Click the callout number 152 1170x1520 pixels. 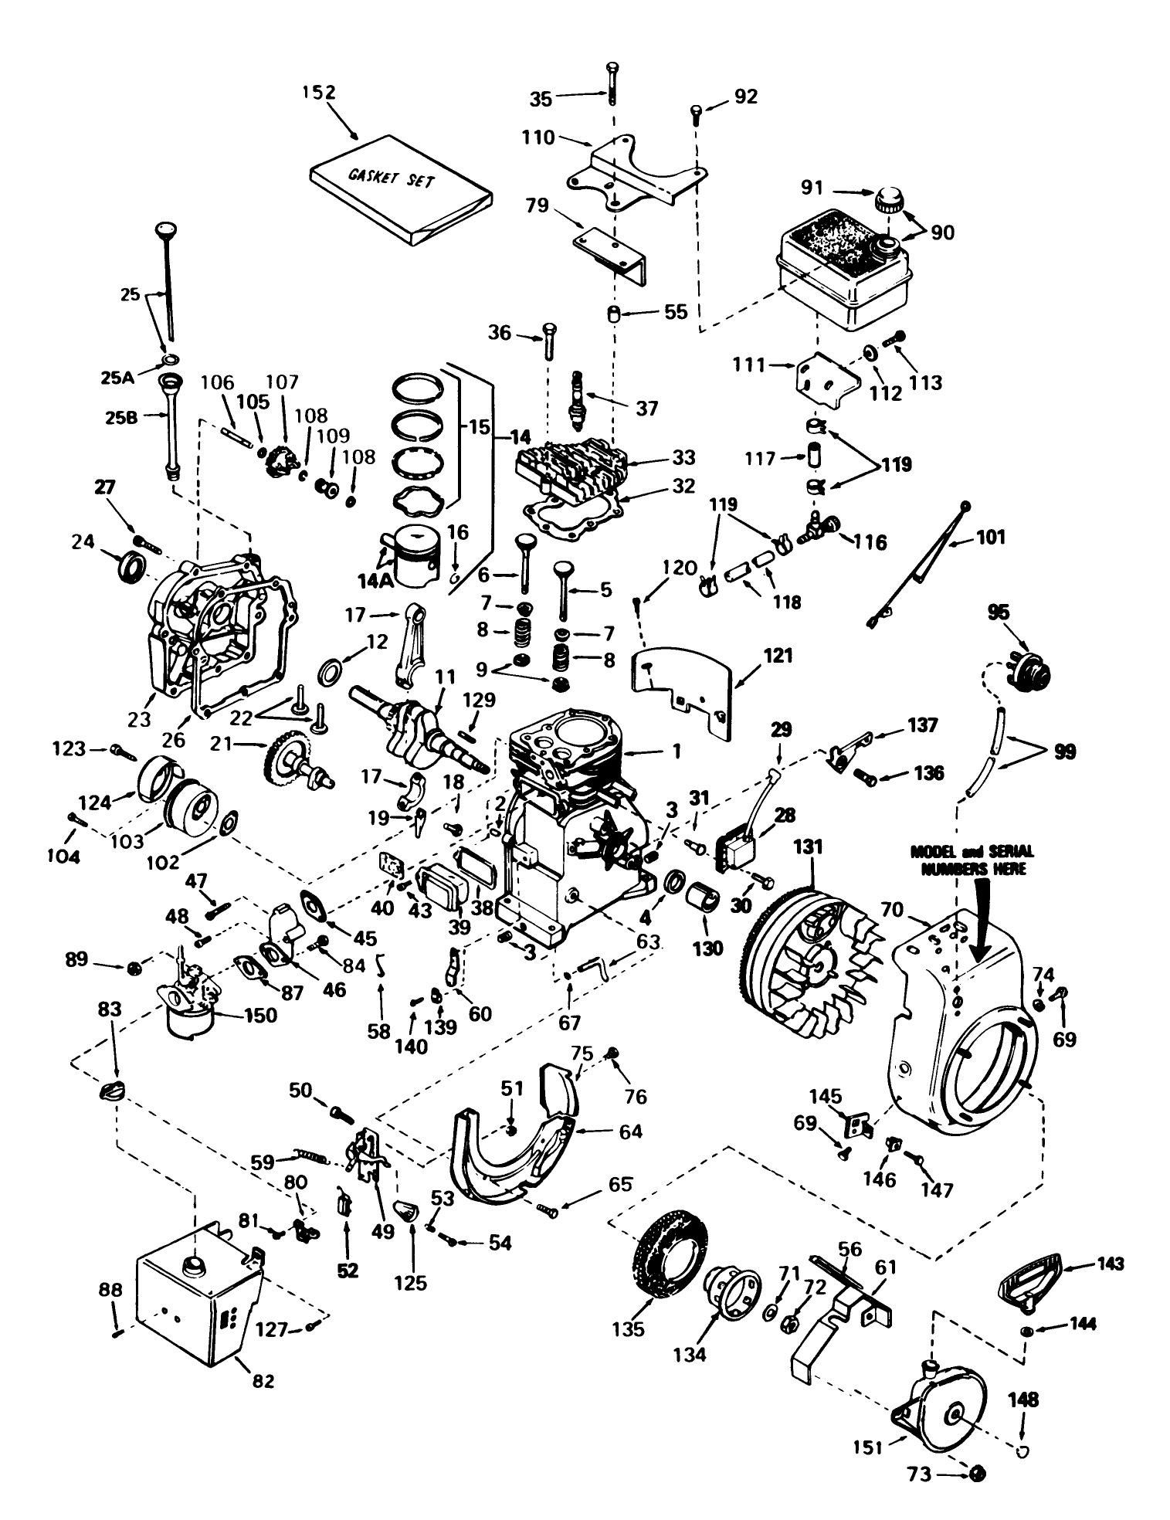pos(319,92)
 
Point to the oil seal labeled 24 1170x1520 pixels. pos(131,568)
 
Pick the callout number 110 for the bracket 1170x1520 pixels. pos(538,137)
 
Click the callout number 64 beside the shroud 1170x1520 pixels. pos(630,1132)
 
